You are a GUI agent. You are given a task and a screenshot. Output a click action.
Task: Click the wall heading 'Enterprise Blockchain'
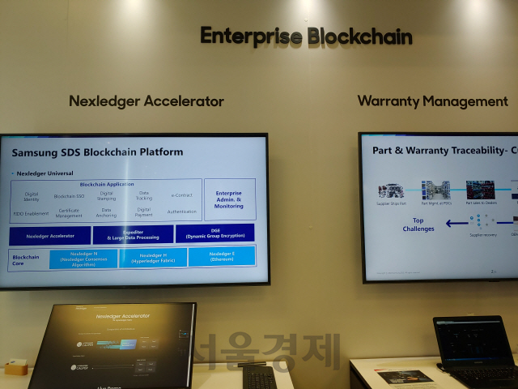[306, 36]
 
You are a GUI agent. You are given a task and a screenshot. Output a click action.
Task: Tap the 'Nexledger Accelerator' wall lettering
[146, 101]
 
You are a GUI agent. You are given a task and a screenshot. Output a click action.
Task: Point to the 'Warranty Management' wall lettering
[432, 101]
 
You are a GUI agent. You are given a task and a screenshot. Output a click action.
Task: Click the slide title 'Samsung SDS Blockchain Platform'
[97, 152]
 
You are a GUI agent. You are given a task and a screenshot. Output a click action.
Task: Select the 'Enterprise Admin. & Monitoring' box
[229, 199]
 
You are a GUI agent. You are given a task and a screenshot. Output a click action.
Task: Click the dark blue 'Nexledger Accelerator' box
[50, 236]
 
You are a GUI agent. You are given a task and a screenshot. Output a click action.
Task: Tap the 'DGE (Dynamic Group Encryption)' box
[214, 234]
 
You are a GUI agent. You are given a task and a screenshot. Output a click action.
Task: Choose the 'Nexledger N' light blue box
[83, 259]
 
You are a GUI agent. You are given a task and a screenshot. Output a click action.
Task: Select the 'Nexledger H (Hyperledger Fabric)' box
[153, 258]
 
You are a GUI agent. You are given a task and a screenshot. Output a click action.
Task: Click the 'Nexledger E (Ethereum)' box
[221, 257]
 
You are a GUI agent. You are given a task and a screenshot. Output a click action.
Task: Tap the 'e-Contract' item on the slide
[181, 195]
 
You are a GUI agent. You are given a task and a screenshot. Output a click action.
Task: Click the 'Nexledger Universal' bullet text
[45, 173]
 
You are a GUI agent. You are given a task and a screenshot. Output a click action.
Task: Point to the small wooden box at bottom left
[15, 368]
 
